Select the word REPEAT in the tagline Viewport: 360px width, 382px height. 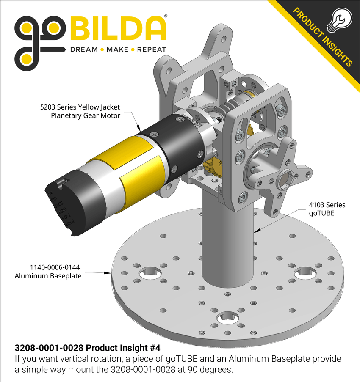tap(151, 49)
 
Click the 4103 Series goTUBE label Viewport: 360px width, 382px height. tap(327, 209)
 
